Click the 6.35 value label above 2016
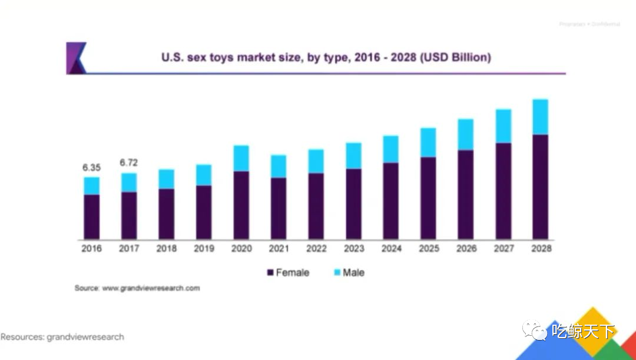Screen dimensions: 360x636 click(91, 167)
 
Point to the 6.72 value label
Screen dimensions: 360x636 click(129, 163)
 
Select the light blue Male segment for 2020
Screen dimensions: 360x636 click(241, 158)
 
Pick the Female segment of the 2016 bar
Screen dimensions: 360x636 click(91, 216)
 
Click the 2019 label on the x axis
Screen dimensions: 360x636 click(204, 249)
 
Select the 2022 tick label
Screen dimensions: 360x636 click(316, 249)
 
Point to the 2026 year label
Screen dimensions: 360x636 click(466, 249)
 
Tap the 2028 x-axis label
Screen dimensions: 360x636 click(541, 249)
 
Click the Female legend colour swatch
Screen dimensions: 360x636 click(270, 273)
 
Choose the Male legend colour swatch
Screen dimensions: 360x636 click(337, 273)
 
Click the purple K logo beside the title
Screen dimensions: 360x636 click(77, 58)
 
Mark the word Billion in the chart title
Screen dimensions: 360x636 click(468, 58)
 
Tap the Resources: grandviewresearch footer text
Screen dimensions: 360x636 click(62, 337)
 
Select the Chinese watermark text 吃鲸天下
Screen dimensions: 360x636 click(582, 332)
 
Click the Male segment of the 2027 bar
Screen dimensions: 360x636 click(503, 126)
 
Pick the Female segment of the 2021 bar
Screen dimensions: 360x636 click(279, 208)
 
